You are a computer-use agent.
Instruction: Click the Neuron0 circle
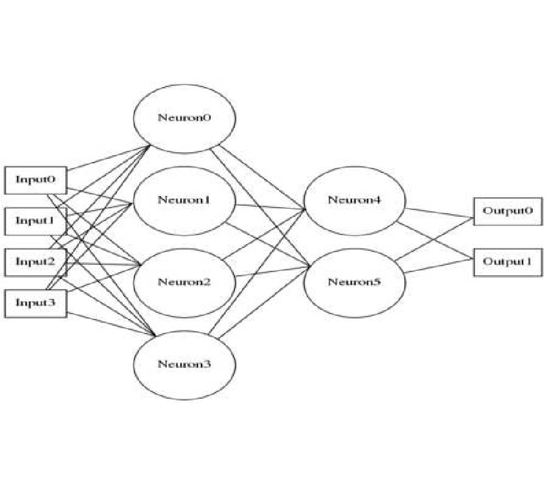coord(183,117)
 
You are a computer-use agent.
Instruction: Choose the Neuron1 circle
coord(183,200)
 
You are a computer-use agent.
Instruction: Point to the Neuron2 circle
coord(183,282)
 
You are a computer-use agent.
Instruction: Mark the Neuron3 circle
coord(183,365)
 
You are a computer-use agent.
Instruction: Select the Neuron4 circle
coord(354,200)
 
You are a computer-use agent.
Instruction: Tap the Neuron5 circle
coord(354,282)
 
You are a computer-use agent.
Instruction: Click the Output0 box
coord(507,211)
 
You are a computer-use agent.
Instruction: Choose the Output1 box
coord(507,262)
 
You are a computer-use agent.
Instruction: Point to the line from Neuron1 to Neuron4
coord(271,207)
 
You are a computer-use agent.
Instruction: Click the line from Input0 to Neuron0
coord(110,158)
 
